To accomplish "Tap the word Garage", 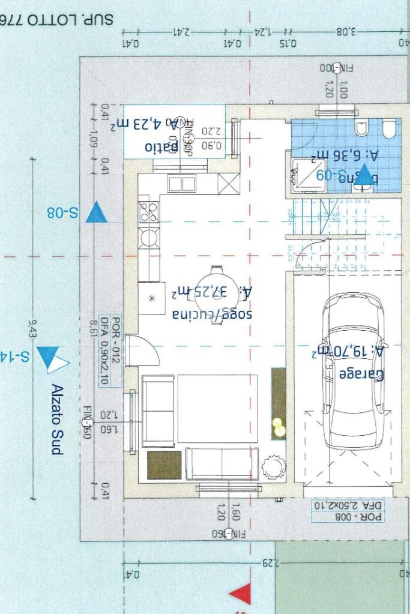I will coord(361,375).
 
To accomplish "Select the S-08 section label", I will coord(62,212).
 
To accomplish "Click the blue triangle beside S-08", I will coord(96,213).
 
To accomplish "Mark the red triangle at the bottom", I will coord(241,594).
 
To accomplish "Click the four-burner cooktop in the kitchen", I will coord(149,212).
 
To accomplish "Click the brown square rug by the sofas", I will coord(164,465).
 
